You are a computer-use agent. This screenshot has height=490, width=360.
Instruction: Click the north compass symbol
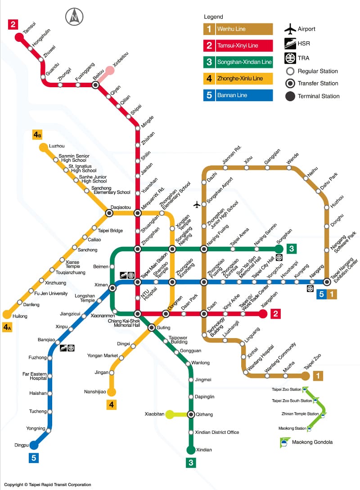[x=74, y=17]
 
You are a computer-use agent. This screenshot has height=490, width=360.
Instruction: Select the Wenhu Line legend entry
[x=237, y=29]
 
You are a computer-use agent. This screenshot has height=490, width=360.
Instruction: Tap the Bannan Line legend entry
[x=237, y=95]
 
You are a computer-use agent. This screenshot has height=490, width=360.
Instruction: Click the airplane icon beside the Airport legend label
[x=290, y=29]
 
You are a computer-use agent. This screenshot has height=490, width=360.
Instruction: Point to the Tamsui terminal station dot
[x=19, y=37]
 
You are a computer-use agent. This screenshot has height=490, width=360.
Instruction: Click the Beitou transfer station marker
[x=95, y=85]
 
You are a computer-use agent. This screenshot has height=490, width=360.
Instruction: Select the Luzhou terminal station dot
[x=44, y=147]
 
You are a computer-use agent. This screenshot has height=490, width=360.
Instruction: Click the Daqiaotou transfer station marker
[x=109, y=213]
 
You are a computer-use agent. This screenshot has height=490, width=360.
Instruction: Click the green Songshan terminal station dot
[x=279, y=249]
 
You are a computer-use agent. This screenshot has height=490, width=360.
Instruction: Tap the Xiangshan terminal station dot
[x=263, y=314]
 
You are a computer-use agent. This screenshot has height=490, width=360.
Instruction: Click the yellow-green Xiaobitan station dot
[x=170, y=414]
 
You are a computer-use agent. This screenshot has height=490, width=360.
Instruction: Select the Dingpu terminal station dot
[x=34, y=445]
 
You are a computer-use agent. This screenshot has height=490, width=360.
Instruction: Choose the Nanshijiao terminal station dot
[x=111, y=392]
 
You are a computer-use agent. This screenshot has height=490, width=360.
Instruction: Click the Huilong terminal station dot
[x=7, y=314]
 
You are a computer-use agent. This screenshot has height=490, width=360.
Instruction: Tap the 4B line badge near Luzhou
[x=37, y=134]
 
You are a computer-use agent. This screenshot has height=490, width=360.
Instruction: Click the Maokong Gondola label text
[x=312, y=442]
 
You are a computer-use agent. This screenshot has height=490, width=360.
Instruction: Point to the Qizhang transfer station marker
[x=191, y=414]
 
